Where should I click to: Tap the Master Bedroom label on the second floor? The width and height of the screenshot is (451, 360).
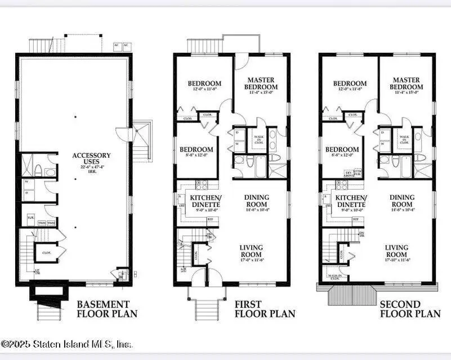(x=407, y=84)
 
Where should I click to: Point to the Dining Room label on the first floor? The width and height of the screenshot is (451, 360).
(x=256, y=200)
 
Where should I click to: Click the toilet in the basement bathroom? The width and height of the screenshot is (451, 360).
(x=37, y=169)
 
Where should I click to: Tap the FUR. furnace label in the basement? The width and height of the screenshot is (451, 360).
(x=30, y=216)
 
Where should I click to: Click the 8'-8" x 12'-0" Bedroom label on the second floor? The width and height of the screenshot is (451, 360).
(x=342, y=152)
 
